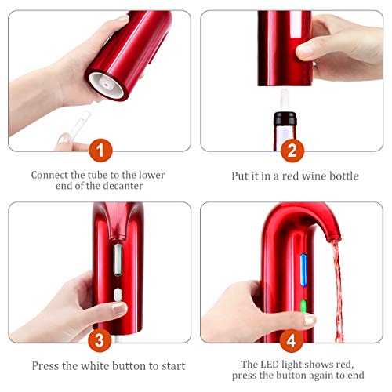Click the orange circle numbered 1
[99, 147]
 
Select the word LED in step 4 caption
[256, 362]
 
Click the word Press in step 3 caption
[45, 365]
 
